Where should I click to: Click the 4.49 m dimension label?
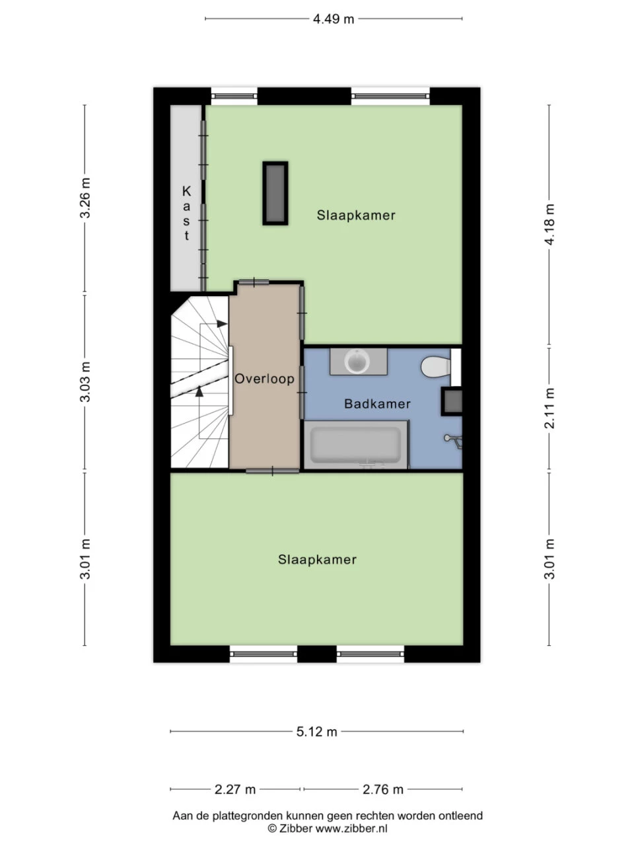click(x=334, y=19)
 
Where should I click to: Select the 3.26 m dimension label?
click(x=85, y=198)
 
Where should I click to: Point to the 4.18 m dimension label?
click(x=549, y=224)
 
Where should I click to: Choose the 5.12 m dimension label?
click(x=317, y=732)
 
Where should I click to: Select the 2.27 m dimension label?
click(x=235, y=789)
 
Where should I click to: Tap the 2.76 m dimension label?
click(x=383, y=789)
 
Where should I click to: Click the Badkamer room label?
click(x=377, y=404)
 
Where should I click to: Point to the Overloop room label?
click(x=264, y=379)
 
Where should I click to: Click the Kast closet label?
click(x=186, y=213)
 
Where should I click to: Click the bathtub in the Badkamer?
click(x=355, y=445)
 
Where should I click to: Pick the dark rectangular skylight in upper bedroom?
click(x=275, y=193)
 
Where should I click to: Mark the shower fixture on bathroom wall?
click(x=452, y=439)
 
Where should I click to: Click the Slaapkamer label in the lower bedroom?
click(x=317, y=560)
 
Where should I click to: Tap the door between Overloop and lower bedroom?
click(x=272, y=471)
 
